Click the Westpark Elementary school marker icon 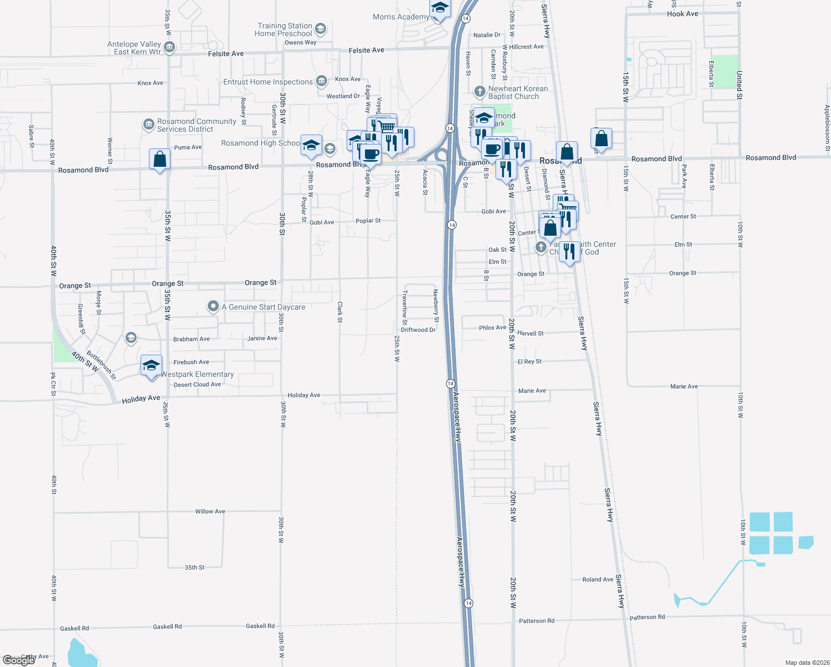pyautogui.click(x=151, y=366)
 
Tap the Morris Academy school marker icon pyautogui.click(x=440, y=8)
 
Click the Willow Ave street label pyautogui.click(x=210, y=511)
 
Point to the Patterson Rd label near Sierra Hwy pyautogui.click(x=647, y=618)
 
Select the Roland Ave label pyautogui.click(x=598, y=580)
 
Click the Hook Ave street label pyautogui.click(x=683, y=14)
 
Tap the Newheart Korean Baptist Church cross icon pyautogui.click(x=480, y=91)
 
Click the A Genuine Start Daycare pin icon pyautogui.click(x=213, y=306)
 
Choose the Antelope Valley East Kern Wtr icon pyautogui.click(x=170, y=47)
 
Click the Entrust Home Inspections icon pyautogui.click(x=322, y=82)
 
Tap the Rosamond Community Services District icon pyautogui.click(x=148, y=125)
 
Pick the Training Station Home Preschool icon pyautogui.click(x=320, y=29)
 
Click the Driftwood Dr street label pyautogui.click(x=418, y=330)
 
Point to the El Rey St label pyautogui.click(x=529, y=362)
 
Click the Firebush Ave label pyautogui.click(x=191, y=362)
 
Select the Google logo pyautogui.click(x=18, y=660)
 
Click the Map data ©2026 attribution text pyautogui.click(x=807, y=663)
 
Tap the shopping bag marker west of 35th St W pyautogui.click(x=160, y=160)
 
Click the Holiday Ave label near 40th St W pyautogui.click(x=141, y=399)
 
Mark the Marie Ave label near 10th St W pyautogui.click(x=684, y=387)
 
